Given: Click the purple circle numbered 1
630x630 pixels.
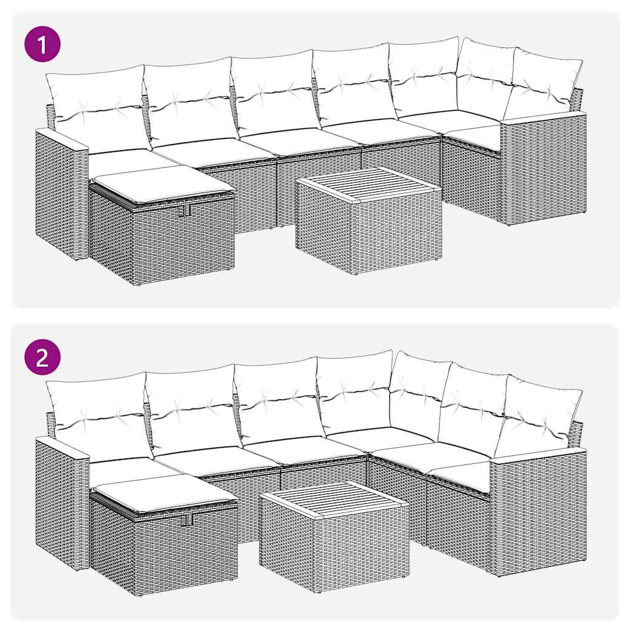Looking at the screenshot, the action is click(42, 44).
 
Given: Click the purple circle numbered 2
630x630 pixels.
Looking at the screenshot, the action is click(42, 357).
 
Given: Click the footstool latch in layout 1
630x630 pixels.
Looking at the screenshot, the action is click(186, 210).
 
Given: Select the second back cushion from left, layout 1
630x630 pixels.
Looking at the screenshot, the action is click(189, 103).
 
